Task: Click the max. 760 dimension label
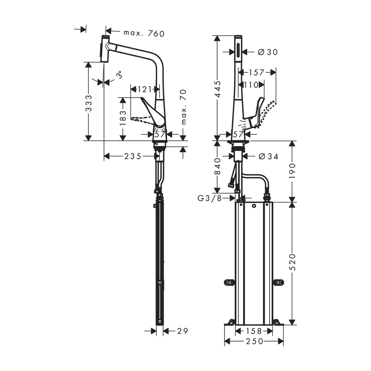[x=144, y=33]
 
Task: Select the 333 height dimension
[x=89, y=103]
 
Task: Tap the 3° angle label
[x=120, y=75]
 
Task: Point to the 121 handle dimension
[x=145, y=89]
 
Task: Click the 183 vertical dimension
[x=123, y=118]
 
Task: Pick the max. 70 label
[x=183, y=107]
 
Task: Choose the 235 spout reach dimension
[x=133, y=156]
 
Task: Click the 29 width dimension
[x=183, y=331]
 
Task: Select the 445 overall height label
[x=217, y=89]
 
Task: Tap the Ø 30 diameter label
[x=268, y=52]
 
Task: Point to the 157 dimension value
[x=256, y=72]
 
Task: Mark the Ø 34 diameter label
[x=268, y=156]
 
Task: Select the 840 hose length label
[x=217, y=166]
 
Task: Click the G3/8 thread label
[x=210, y=198]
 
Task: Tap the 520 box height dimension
[x=292, y=262]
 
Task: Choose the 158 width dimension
[x=254, y=331]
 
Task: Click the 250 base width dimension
[x=254, y=341]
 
